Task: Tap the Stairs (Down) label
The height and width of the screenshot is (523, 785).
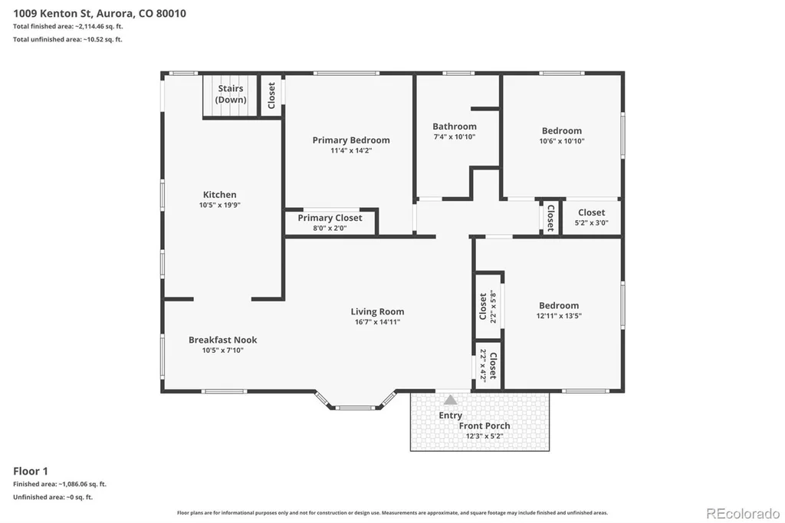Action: point(231,94)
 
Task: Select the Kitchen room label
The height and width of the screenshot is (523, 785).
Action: point(220,194)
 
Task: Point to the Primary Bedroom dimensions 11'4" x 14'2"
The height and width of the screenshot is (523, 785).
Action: point(351,150)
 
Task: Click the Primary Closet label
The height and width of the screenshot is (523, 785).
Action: point(330,218)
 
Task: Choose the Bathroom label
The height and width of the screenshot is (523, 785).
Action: point(455,127)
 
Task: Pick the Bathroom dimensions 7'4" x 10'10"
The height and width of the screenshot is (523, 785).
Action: point(455,137)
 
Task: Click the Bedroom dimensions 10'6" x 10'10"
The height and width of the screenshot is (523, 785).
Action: point(562,141)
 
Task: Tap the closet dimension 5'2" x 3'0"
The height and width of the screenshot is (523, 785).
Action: point(591,223)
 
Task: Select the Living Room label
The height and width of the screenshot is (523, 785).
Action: point(377,311)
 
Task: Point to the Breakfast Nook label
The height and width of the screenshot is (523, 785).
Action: point(223,340)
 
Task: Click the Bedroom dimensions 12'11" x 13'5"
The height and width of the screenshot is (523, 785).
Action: point(559,316)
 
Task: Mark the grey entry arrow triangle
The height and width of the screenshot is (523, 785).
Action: point(451,400)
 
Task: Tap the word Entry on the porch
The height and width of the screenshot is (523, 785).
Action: point(451,416)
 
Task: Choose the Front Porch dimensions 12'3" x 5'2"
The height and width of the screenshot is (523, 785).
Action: point(484,436)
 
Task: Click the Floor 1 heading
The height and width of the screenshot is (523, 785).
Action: point(31,471)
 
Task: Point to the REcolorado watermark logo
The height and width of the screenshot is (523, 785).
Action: point(743,514)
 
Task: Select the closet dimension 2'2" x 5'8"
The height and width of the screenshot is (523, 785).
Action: point(493,307)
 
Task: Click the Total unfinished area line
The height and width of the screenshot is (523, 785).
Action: point(67,39)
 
